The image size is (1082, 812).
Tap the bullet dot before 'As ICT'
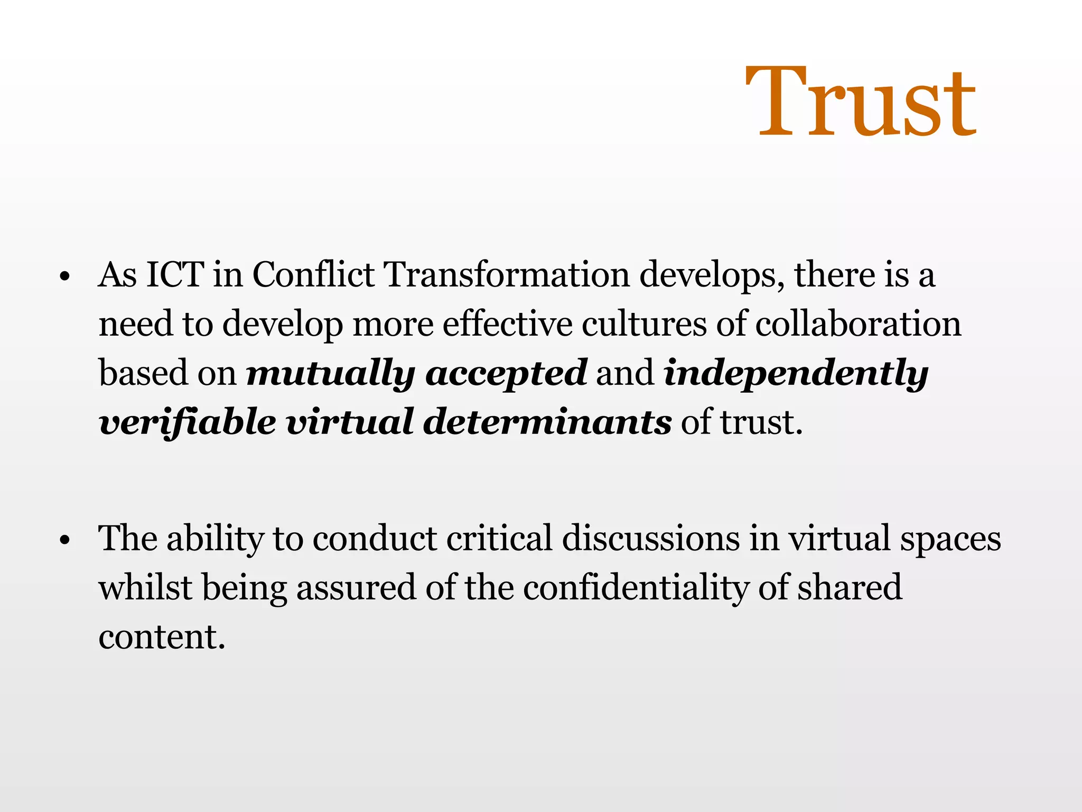point(65,277)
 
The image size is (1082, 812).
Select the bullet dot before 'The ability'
point(65,541)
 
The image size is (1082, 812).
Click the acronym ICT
point(175,274)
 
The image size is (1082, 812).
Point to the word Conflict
point(313,274)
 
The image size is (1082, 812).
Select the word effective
point(507,324)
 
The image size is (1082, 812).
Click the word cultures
point(644,324)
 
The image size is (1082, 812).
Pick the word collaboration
point(858,324)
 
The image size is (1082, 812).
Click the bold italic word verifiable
point(188,422)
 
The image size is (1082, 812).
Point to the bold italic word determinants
point(547,422)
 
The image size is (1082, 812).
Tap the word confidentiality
point(636,588)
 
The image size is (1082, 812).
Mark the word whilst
point(145,587)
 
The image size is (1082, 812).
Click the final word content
point(162,636)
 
